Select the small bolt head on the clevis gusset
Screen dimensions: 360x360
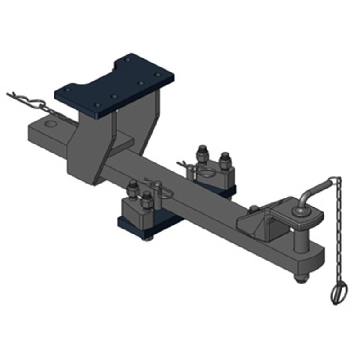tap(255, 208)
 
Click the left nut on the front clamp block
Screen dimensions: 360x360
tap(133, 188)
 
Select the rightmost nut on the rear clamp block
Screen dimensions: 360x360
tap(225, 160)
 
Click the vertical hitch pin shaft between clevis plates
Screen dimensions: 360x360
tap(298, 241)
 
